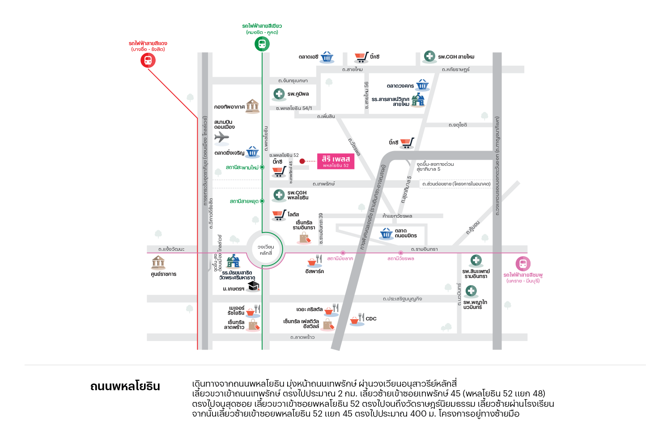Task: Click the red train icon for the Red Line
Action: click(148, 60)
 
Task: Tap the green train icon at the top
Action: click(262, 44)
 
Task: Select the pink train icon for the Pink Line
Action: click(523, 264)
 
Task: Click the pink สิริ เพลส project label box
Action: click(335, 161)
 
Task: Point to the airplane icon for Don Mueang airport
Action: click(221, 137)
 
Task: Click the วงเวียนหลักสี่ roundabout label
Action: click(266, 250)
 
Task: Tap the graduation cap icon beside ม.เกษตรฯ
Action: click(254, 286)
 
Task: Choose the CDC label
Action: click(371, 319)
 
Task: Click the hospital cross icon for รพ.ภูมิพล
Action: click(279, 94)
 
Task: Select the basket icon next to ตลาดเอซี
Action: click(327, 57)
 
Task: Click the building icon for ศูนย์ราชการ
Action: click(158, 262)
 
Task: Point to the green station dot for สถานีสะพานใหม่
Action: click(262, 167)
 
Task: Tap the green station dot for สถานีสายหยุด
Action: click(262, 201)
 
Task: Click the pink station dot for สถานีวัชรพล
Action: click(401, 253)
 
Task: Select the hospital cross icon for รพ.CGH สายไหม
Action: click(429, 56)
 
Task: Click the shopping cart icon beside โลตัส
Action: click(279, 215)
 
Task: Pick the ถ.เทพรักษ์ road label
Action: click(323, 184)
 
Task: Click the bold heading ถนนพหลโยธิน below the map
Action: click(125, 386)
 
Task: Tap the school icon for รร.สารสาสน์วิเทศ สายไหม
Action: click(418, 100)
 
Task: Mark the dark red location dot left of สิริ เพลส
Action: click(302, 161)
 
